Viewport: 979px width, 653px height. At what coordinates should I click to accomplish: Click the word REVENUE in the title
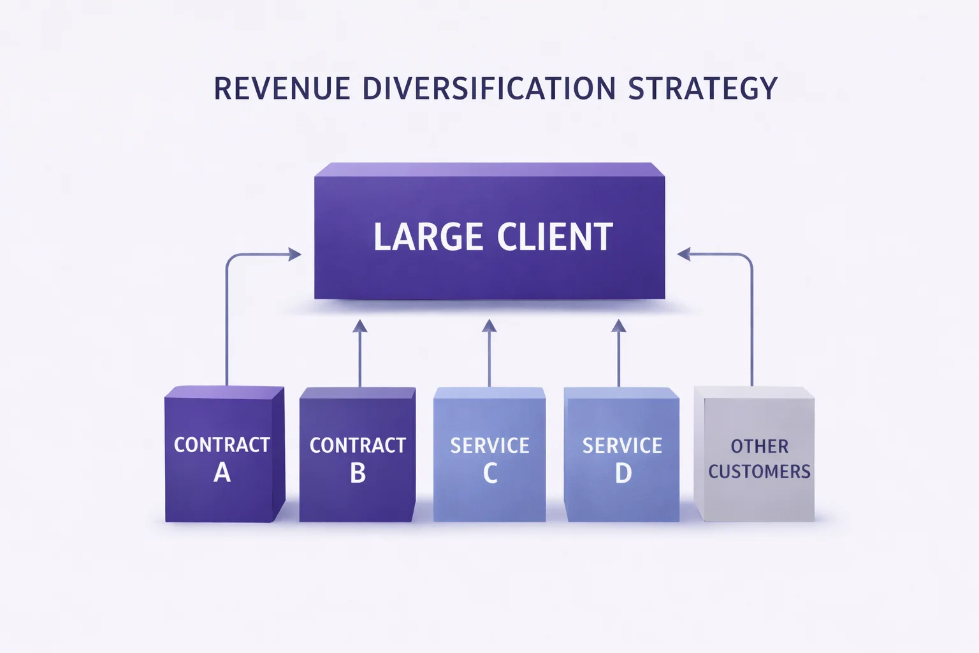(282, 89)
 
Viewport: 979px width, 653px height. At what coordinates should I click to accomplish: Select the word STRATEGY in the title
(702, 89)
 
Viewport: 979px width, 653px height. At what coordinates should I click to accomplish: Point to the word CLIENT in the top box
(555, 237)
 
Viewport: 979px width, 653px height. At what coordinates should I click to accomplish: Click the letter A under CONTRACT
(222, 473)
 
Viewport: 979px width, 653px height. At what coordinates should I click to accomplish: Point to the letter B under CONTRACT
(358, 473)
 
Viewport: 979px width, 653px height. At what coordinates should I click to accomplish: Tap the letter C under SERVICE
(489, 473)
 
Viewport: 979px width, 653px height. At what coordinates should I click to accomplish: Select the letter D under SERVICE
(623, 473)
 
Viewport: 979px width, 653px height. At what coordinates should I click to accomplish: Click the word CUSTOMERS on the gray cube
(759, 472)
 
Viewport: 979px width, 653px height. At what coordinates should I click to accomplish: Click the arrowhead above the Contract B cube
(360, 326)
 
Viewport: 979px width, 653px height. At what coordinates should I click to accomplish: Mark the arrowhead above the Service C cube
(489, 326)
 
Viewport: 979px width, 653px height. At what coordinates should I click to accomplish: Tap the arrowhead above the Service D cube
(619, 326)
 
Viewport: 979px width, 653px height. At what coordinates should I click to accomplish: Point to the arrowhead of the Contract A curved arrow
(294, 254)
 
